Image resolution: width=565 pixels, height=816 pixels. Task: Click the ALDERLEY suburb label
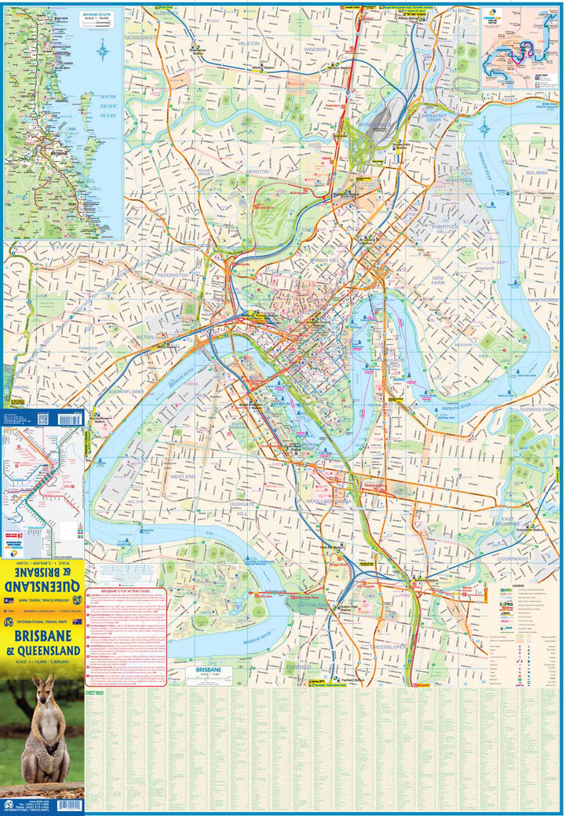pyautogui.click(x=166, y=13)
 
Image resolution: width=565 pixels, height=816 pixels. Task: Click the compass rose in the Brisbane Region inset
pyautogui.click(x=104, y=53)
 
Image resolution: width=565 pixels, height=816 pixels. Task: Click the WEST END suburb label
pyautogui.click(x=182, y=476)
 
